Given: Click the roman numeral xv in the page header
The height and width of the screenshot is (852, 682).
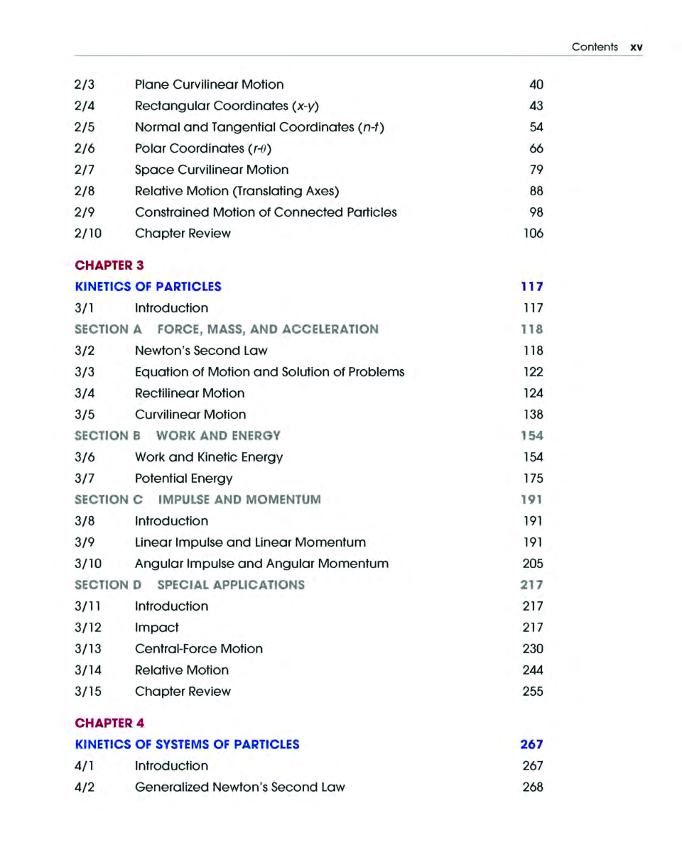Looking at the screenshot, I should tap(636, 48).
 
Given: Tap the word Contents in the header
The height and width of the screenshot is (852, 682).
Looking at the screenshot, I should tap(595, 48).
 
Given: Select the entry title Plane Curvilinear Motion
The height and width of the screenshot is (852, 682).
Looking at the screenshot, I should tap(209, 84).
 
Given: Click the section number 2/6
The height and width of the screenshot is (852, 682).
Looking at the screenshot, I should tap(85, 148).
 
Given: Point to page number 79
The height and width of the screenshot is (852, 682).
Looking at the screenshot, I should tap(536, 170).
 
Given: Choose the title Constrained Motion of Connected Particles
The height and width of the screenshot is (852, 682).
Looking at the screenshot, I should tap(266, 212).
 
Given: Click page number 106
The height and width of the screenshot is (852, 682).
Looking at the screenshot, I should tap(533, 234).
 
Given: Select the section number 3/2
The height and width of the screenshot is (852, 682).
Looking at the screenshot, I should tap(85, 351).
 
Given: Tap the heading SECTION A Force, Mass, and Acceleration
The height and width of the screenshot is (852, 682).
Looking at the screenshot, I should tap(227, 329).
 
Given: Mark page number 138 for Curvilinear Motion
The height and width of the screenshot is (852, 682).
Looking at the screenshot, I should tap(533, 415).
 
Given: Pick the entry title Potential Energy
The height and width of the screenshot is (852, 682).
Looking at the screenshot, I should tap(183, 479).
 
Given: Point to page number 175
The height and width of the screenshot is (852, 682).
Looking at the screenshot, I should tap(533, 479).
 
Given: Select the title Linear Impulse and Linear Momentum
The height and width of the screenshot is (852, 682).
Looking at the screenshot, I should tap(250, 542).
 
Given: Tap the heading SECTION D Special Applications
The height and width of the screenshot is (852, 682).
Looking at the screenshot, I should tap(190, 585).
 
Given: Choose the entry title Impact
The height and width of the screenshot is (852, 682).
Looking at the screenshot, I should tap(156, 628).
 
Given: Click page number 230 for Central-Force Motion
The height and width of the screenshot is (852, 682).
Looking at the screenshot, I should tap(533, 649).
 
